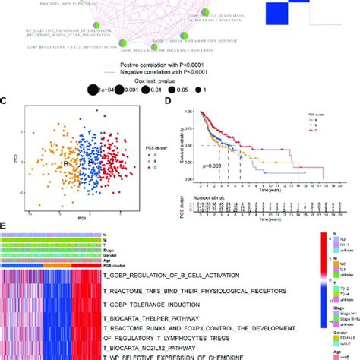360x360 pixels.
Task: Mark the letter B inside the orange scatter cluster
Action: click(65, 161)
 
